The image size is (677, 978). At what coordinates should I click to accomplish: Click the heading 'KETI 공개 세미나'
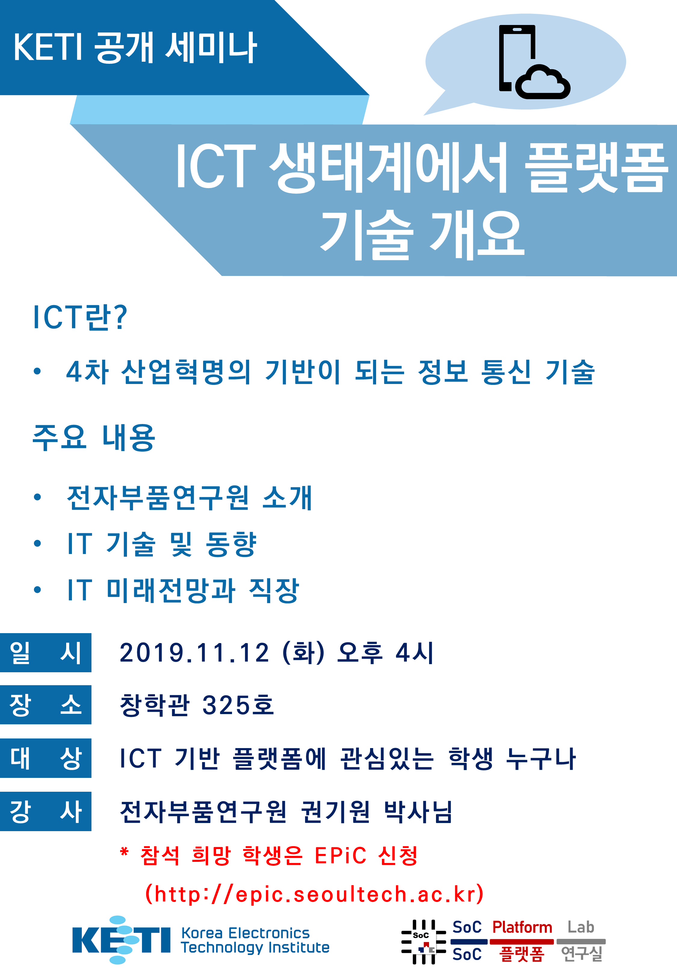[x=135, y=48]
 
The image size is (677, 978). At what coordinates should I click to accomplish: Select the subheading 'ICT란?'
[x=80, y=317]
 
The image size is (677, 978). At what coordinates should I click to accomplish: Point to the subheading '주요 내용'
[x=94, y=437]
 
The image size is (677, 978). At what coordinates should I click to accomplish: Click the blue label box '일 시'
[x=45, y=653]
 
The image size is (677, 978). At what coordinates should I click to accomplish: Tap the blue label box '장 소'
[x=45, y=705]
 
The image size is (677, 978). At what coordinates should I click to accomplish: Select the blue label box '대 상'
[x=45, y=758]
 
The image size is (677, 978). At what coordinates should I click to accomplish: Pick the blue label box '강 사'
[x=45, y=811]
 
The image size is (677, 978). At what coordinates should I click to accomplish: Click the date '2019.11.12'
[x=194, y=653]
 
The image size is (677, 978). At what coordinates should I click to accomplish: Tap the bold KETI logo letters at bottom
[x=121, y=940]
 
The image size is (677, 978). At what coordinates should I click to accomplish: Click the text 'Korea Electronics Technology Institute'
[x=255, y=940]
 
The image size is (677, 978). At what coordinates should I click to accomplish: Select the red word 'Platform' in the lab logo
[x=522, y=927]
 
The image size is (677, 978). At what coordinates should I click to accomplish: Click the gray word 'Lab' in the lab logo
[x=581, y=927]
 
